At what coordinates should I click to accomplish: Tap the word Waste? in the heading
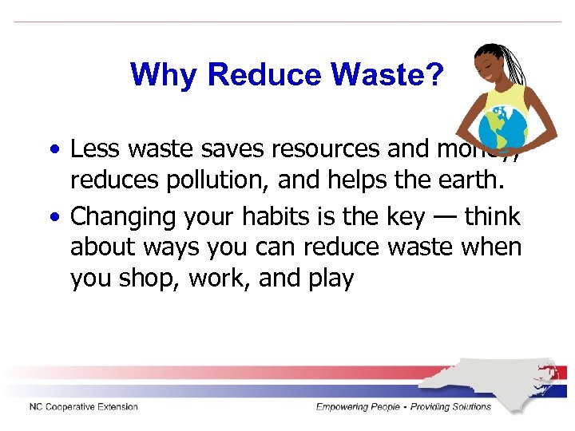click(388, 75)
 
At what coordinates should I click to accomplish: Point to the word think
click(492, 217)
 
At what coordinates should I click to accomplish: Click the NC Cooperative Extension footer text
click(84, 407)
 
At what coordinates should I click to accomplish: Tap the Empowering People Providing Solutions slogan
click(403, 407)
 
